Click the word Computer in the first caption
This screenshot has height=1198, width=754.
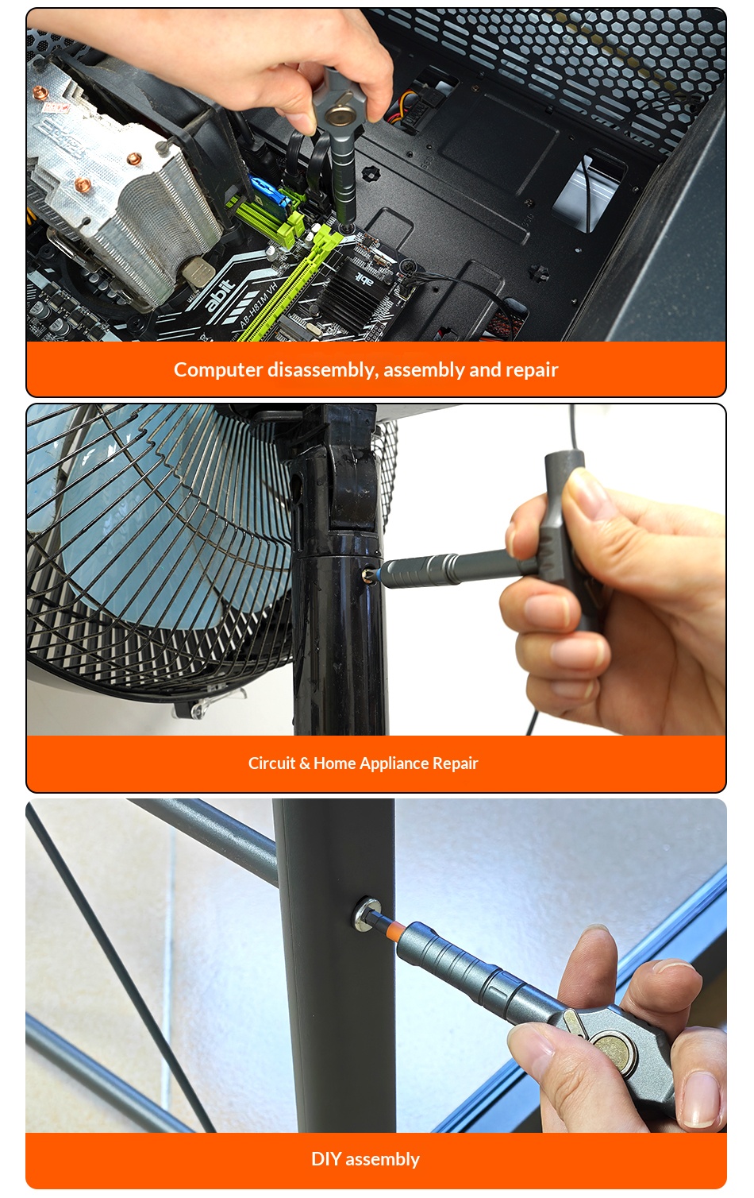pos(218,370)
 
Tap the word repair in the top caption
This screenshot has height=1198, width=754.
pos(532,370)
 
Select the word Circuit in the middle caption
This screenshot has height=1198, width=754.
pos(271,763)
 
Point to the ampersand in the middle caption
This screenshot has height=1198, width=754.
pos(305,763)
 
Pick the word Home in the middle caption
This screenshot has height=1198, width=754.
pos(334,763)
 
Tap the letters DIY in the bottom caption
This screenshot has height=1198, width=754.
pos(326,1159)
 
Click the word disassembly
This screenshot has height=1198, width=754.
pos(323,370)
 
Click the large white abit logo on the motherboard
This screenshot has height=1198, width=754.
pos(220,295)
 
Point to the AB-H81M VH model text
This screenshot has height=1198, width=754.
pos(258,304)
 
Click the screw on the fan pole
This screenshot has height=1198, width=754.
pos(367,575)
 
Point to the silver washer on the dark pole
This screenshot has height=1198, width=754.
pos(367,912)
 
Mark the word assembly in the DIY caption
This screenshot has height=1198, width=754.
pos(383,1160)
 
